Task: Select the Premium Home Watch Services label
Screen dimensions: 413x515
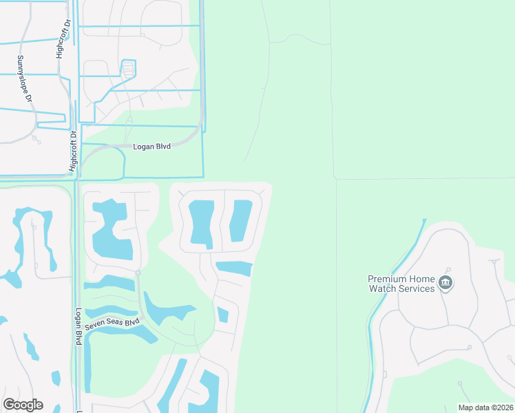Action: [402, 284]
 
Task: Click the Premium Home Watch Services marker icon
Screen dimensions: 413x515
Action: [445, 283]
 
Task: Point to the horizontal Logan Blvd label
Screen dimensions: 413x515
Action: [152, 147]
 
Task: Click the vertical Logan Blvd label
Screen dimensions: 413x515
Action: [79, 326]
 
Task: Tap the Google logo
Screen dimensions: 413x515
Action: [23, 405]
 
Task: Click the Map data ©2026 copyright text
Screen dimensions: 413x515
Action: [485, 407]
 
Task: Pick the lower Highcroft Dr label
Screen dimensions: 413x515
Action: [72, 151]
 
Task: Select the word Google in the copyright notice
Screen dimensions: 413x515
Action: [23, 405]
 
